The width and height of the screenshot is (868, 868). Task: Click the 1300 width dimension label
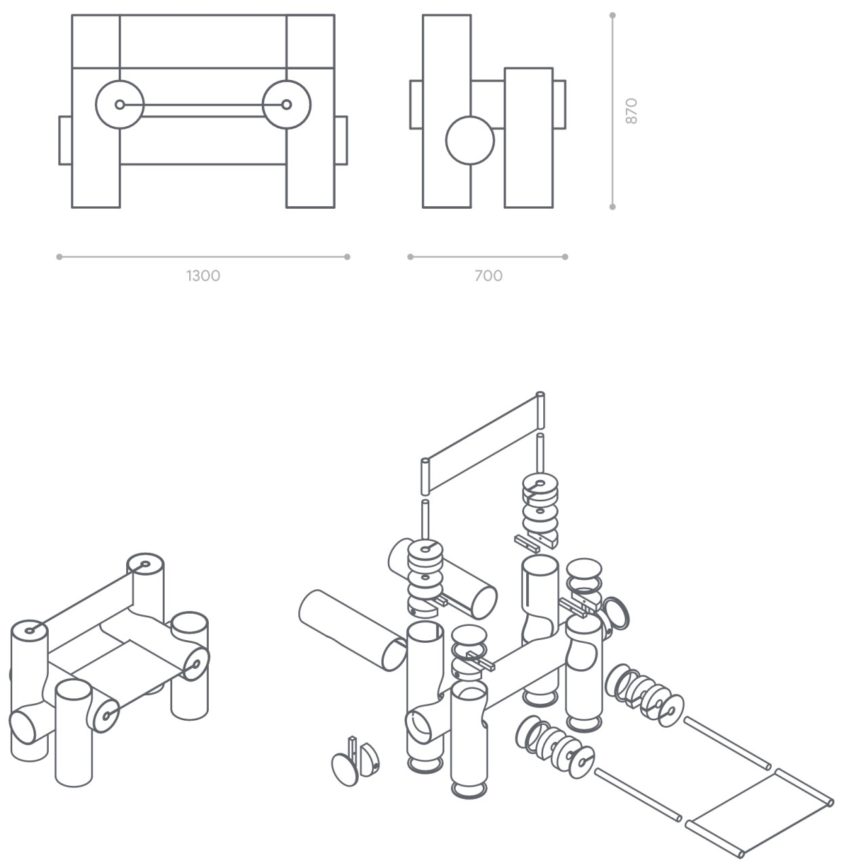203,276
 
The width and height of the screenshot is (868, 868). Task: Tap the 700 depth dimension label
488,276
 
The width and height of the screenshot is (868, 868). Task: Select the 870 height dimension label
631,111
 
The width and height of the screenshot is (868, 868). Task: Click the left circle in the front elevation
120,104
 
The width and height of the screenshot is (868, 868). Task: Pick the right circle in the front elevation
286,104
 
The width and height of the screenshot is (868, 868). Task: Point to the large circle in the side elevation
470,140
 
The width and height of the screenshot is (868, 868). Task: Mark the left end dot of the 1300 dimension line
60,257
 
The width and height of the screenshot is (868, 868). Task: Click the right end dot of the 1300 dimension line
347,257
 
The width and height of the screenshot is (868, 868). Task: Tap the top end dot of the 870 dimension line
612,15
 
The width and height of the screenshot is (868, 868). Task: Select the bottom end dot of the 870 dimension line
612,207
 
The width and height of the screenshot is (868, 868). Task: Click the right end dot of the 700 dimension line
566,257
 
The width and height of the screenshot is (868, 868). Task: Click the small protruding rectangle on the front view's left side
65,140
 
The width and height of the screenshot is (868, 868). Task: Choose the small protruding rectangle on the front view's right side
341,140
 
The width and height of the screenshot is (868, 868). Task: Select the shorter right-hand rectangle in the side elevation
528,138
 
